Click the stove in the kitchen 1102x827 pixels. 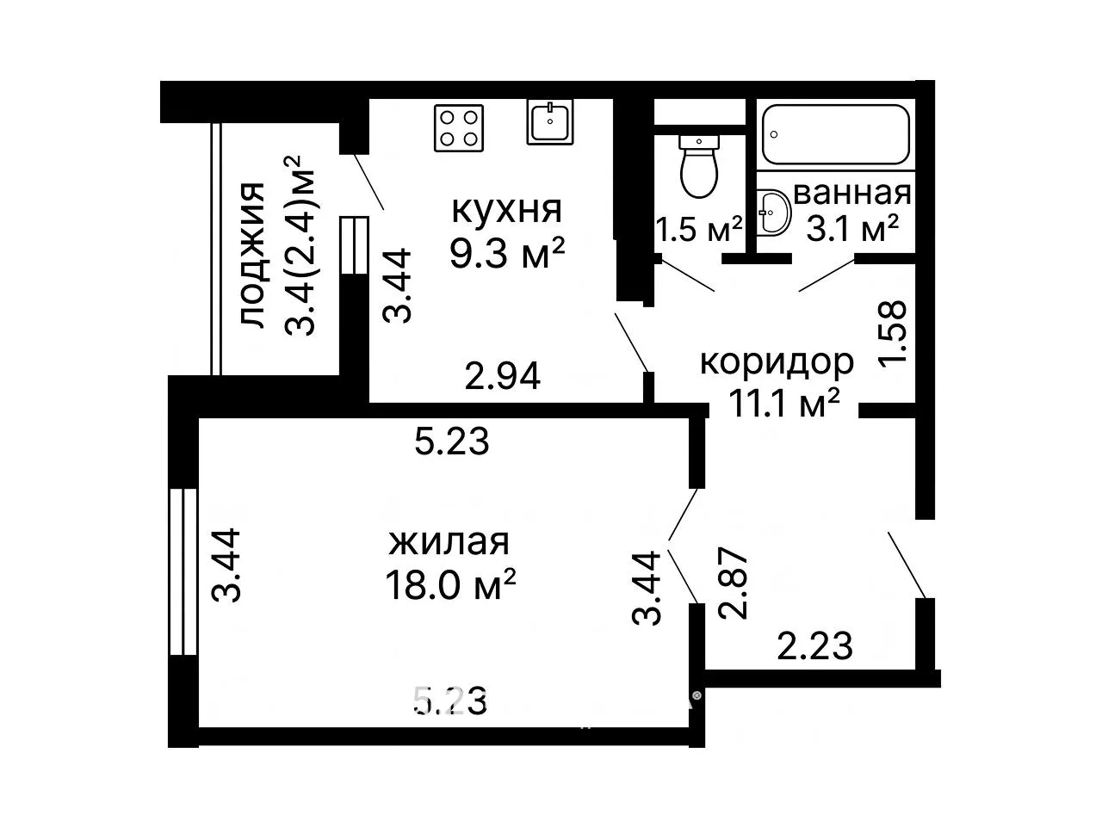(x=458, y=128)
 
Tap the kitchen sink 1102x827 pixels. (x=550, y=121)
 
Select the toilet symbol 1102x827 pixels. (x=699, y=166)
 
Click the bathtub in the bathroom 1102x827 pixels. (x=836, y=134)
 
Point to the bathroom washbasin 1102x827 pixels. (x=772, y=213)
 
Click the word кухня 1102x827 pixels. (x=506, y=210)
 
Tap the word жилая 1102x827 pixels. (x=449, y=542)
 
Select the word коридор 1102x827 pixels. (x=777, y=361)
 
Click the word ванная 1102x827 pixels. (x=852, y=194)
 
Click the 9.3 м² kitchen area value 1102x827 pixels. (x=507, y=253)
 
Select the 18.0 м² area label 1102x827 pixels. (x=450, y=584)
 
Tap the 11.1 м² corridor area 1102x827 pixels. (x=783, y=403)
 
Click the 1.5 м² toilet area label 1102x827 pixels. (x=699, y=230)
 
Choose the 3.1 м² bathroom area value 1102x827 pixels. (x=852, y=229)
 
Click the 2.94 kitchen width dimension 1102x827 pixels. (x=503, y=376)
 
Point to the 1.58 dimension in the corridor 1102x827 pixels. (x=892, y=332)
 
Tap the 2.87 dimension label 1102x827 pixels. (x=734, y=583)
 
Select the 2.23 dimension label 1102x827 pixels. (x=814, y=645)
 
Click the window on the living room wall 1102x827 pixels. (x=183, y=572)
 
